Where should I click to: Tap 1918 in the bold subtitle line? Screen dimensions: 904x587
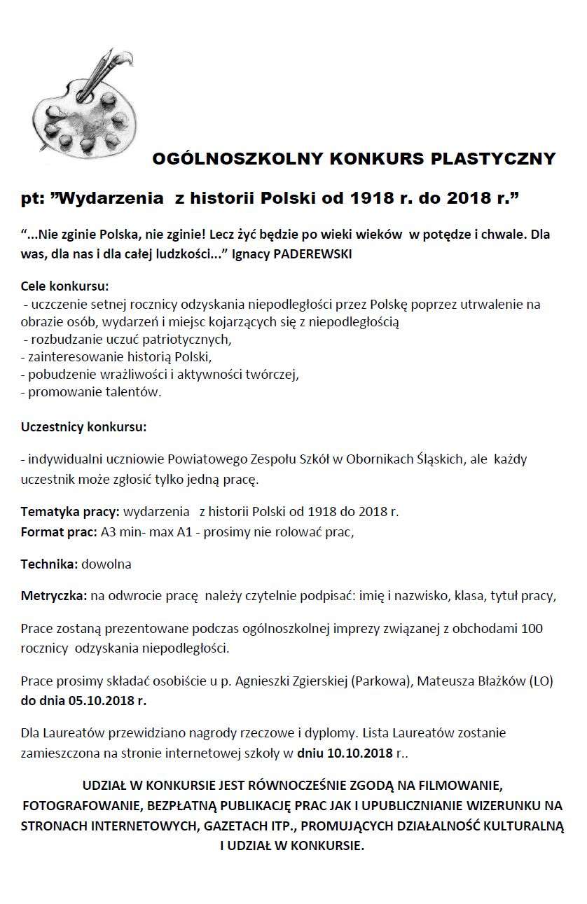click(364, 198)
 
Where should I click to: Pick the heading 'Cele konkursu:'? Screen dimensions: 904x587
click(64, 286)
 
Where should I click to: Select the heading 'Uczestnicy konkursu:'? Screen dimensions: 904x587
click(83, 426)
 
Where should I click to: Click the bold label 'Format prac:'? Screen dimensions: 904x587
click(59, 531)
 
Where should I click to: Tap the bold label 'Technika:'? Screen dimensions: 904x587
click(50, 564)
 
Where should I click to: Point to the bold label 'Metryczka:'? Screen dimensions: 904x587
click(54, 596)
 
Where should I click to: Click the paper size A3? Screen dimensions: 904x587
click(109, 531)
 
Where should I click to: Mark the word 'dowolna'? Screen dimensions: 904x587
click(106, 564)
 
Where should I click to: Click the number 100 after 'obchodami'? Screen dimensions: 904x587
click(531, 629)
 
